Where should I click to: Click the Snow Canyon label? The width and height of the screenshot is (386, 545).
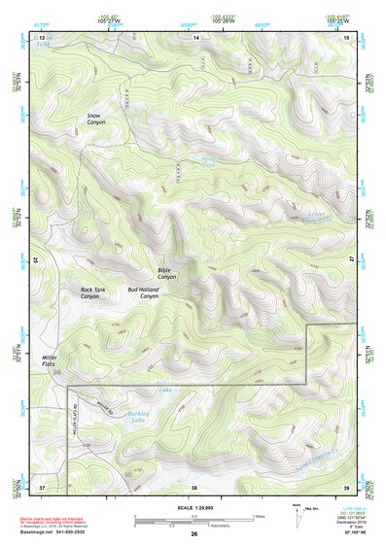96,119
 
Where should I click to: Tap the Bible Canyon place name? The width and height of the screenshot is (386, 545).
167,274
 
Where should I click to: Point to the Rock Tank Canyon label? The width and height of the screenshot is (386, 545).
96,293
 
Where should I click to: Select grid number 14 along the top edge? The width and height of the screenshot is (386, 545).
195,37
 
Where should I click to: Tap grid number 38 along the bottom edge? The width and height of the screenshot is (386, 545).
194,486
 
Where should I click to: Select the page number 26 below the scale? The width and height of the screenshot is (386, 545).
194,535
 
